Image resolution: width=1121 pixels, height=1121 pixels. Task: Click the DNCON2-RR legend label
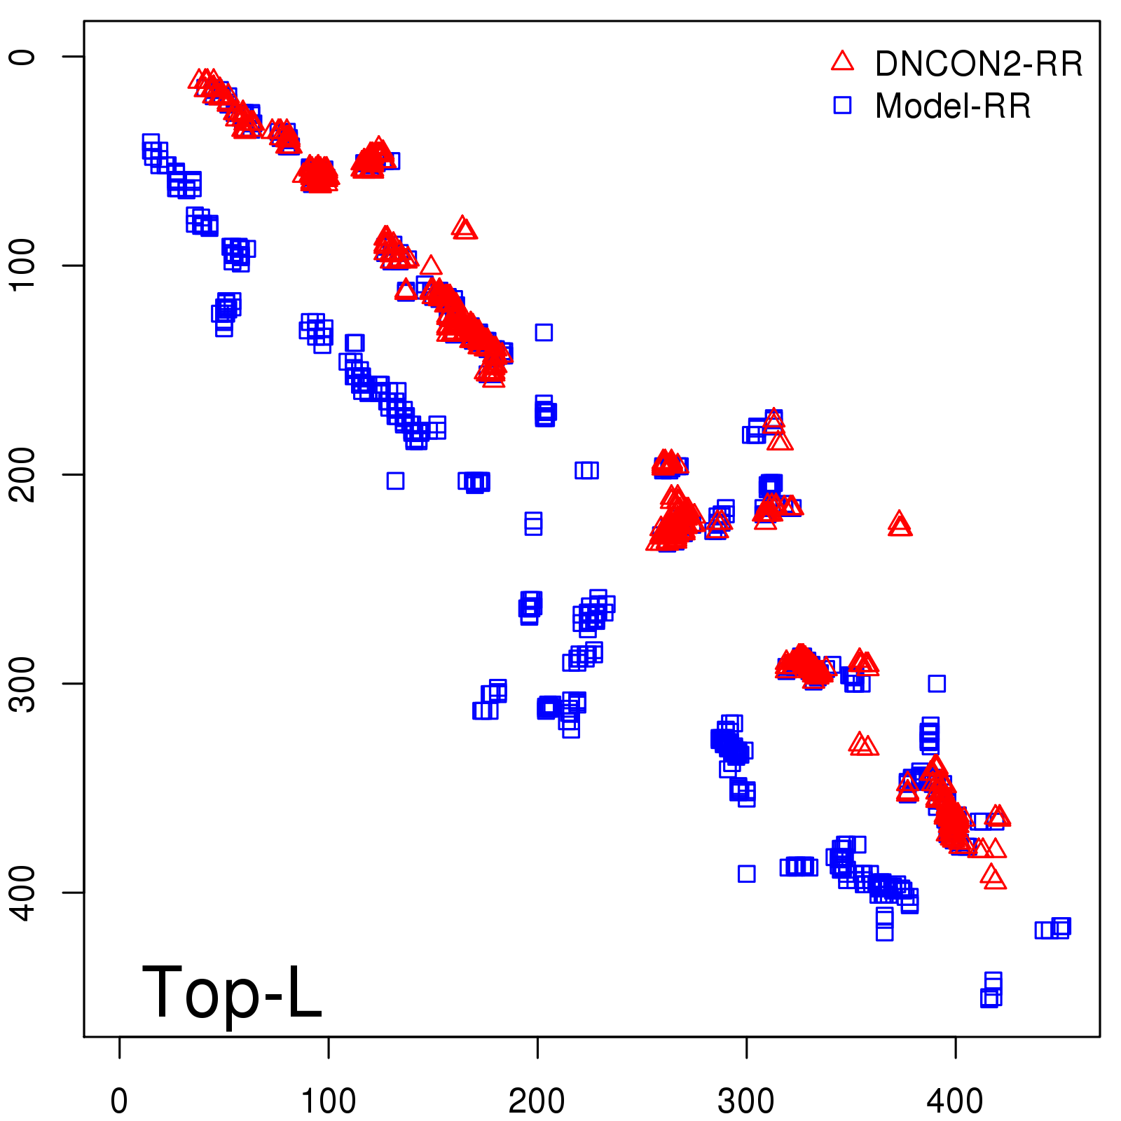click(978, 64)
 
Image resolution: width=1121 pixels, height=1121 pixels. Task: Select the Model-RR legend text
click(953, 106)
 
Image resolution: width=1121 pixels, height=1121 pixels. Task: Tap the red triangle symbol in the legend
click(842, 62)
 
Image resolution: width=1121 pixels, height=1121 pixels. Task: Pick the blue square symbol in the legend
click(842, 105)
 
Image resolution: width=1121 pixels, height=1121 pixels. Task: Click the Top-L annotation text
click(232, 993)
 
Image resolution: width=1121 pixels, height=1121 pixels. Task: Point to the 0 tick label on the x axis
click(119, 1101)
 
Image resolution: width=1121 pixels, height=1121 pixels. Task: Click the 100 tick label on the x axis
click(328, 1101)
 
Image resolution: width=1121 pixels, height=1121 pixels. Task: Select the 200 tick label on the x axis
click(537, 1101)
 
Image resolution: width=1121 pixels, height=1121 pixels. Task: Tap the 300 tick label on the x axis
click(746, 1101)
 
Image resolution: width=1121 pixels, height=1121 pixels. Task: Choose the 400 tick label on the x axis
click(955, 1101)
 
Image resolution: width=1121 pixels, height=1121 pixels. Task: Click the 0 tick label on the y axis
click(23, 56)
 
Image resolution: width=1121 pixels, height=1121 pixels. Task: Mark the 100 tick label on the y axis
click(23, 265)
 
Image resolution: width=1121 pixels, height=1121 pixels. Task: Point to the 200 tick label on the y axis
click(23, 474)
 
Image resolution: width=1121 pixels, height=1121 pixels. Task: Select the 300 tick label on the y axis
click(23, 683)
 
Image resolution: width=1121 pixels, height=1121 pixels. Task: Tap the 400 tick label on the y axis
click(23, 892)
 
